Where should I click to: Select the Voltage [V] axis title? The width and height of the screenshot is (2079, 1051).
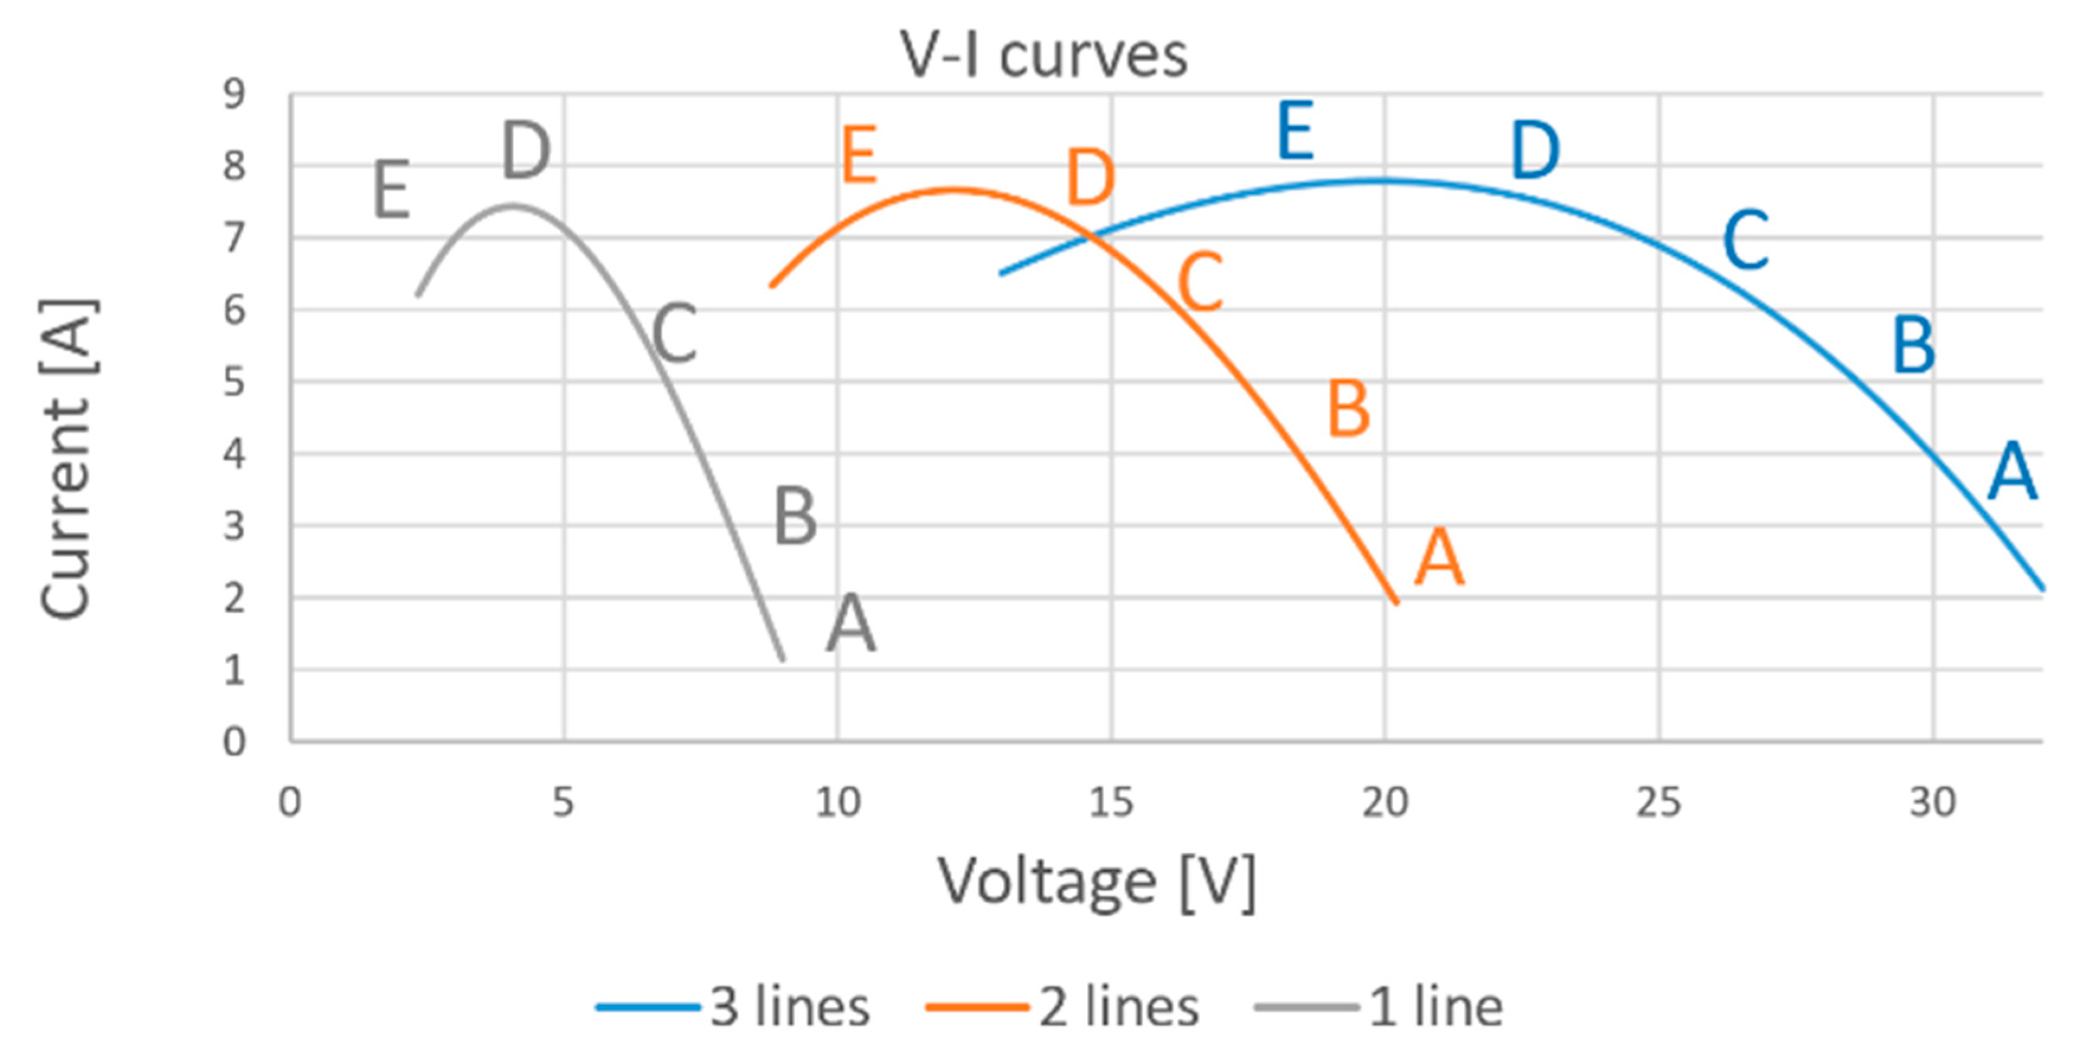(1096, 882)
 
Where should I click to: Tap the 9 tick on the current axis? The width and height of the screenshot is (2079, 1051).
(234, 95)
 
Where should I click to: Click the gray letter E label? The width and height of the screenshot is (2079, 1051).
(391, 191)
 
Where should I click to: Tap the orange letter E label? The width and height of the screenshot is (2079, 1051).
(859, 155)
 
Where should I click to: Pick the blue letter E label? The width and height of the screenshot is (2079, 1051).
(1296, 131)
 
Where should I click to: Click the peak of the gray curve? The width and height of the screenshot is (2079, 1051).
(512, 205)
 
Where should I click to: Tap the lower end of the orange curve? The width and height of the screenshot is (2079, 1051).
(1396, 602)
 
